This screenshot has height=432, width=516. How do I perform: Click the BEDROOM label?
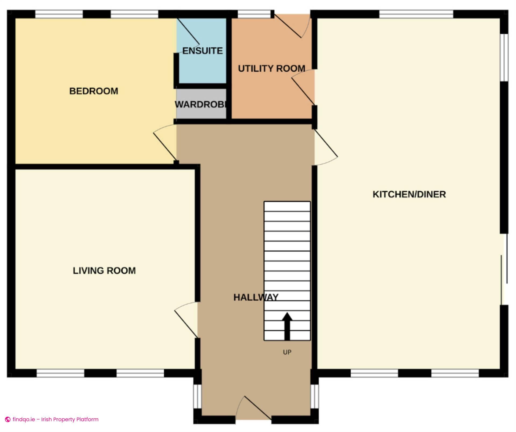pos(94,91)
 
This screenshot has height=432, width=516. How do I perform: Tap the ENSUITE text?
pos(202,51)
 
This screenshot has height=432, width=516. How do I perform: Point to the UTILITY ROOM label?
pos(271,69)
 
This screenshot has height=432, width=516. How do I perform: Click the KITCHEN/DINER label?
pos(409,194)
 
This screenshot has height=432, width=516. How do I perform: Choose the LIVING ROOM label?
pos(104,271)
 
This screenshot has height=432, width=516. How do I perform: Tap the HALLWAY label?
pos(256,297)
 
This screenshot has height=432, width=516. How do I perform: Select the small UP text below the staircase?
pos(287,352)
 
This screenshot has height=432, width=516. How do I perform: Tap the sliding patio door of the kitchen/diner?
pos(504,269)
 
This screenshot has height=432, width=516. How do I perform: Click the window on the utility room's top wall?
pos(254,14)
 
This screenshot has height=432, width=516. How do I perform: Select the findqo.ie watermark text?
pos(55,419)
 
